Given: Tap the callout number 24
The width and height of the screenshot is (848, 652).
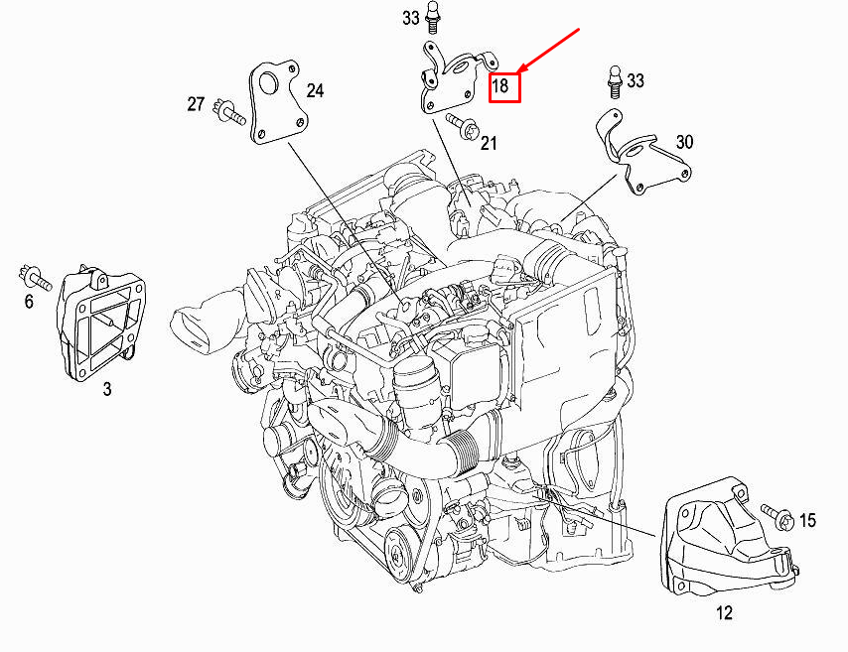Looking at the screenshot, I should point(315,91).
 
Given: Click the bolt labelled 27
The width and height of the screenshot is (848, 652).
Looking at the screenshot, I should point(231,113).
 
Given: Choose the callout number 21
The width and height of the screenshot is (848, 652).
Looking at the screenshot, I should point(489,145).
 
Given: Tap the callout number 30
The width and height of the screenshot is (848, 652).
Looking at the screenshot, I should point(684,142).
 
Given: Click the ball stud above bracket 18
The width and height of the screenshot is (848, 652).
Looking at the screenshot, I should point(435,17).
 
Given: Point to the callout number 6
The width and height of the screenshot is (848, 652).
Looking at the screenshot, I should point(29,301).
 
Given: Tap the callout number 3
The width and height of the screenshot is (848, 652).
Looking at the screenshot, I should point(107,389).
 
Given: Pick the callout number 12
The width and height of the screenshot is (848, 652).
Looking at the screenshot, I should point(724,613).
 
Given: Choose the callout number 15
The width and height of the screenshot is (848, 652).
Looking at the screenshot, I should point(807,520).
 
